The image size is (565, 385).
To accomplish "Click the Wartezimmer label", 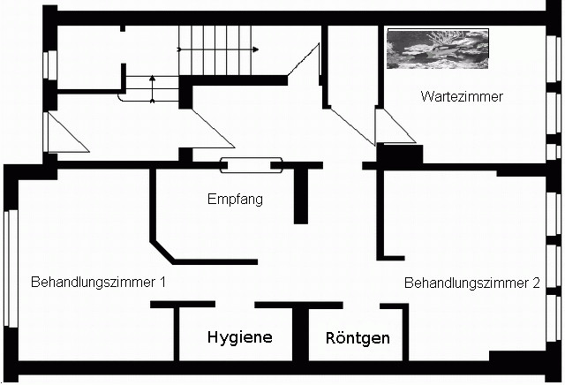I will point(462,97).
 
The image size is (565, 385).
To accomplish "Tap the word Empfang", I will point(235,200).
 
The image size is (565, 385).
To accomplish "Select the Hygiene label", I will point(239,337).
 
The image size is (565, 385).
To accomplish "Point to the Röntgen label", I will point(358,338).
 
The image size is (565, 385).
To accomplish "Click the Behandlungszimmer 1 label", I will point(99,283).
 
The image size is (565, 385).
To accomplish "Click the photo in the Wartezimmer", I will point(437,49).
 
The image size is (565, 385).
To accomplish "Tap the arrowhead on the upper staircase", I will point(256,49).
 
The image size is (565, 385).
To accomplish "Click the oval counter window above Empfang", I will point(252,163).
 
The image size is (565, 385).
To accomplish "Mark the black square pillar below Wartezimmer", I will point(399,154).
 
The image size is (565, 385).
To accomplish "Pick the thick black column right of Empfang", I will point(302,194).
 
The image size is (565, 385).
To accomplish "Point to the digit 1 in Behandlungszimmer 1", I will point(163,283).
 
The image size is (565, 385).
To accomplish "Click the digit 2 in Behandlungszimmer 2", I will point(536,283).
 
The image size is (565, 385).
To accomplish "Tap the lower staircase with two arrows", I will point(152,88).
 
